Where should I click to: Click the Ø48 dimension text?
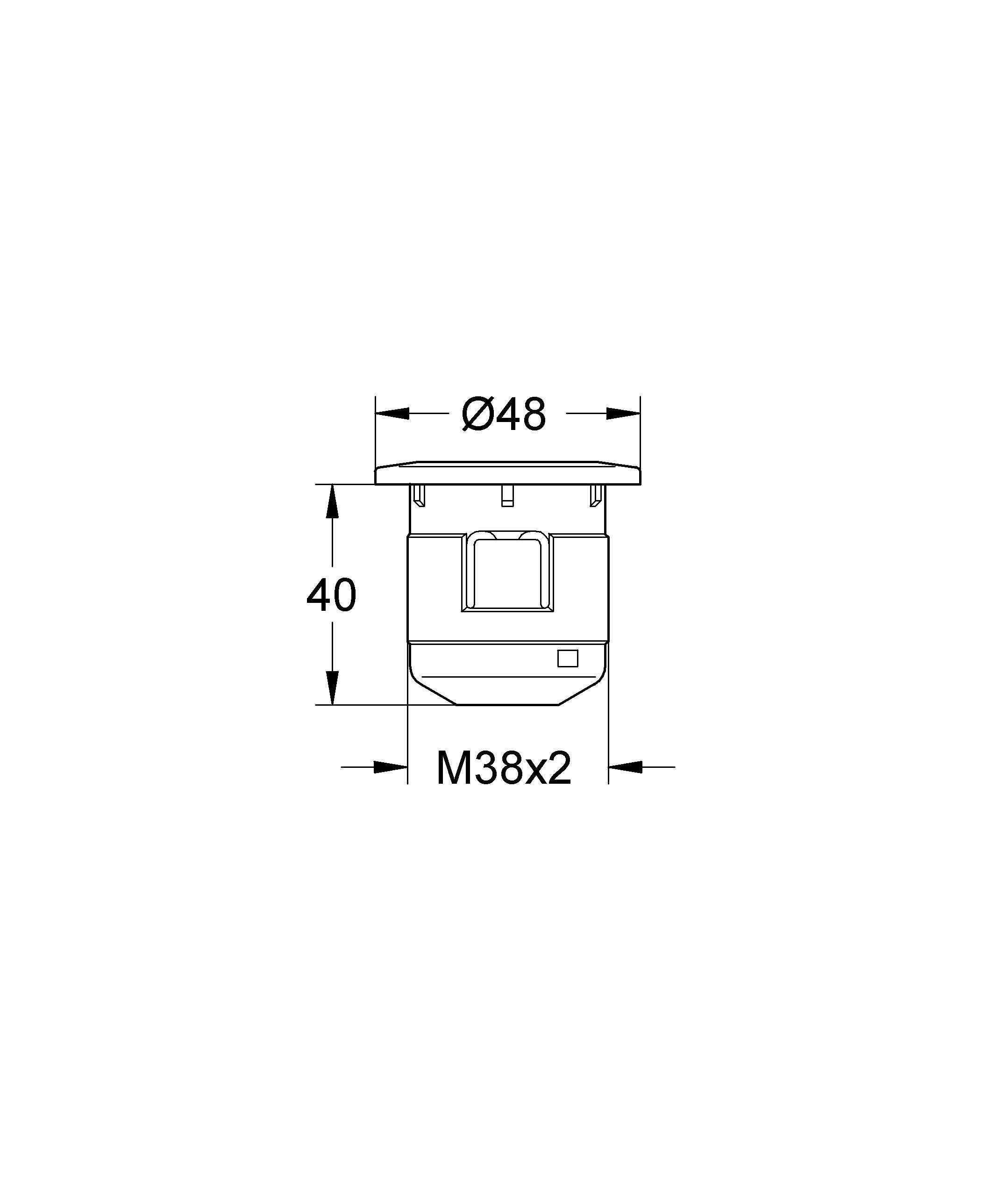[503, 414]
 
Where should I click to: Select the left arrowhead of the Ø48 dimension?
[392, 413]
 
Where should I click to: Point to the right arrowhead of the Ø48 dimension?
[624, 413]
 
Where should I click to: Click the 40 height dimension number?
[331, 595]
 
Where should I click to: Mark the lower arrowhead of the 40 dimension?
[332, 687]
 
